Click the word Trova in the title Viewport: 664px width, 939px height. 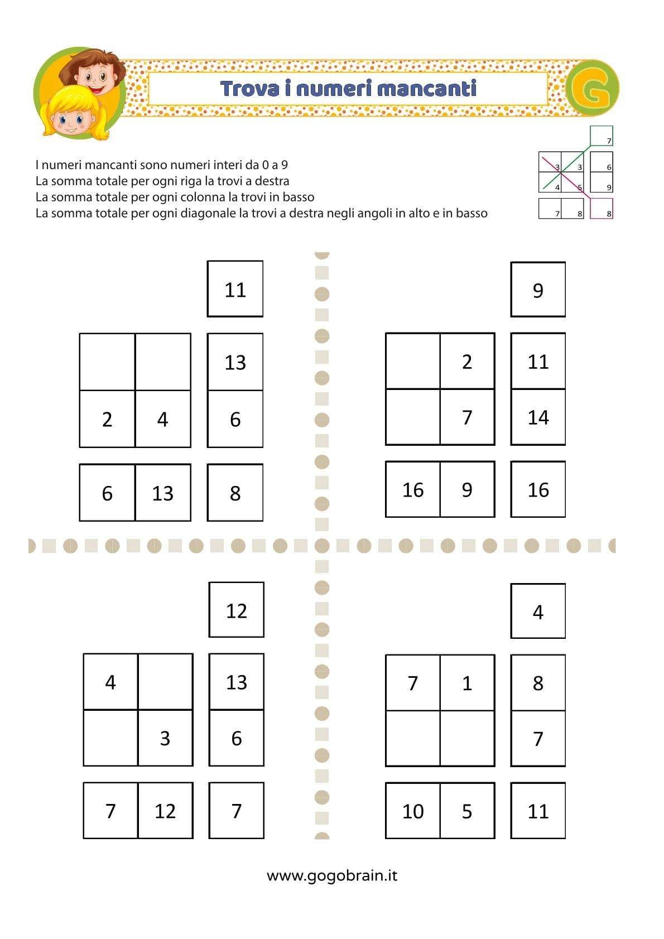(249, 88)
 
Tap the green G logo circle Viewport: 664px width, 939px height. (592, 88)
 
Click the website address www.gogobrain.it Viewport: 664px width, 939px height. (332, 875)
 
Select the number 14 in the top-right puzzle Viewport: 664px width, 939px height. (538, 417)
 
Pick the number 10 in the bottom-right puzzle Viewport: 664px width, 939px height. (413, 811)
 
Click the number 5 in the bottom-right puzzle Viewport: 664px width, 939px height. (467, 811)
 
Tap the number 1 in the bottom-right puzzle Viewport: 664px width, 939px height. (467, 683)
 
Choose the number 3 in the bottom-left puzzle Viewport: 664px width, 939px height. (165, 738)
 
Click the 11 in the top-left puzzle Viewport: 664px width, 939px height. (235, 290)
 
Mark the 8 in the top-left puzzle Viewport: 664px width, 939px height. (235, 493)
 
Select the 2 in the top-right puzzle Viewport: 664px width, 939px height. (467, 362)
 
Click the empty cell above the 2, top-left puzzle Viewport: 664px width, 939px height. (107, 362)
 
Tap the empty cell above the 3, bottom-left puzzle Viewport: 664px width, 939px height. (165, 682)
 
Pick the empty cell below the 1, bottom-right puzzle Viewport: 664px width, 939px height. (467, 738)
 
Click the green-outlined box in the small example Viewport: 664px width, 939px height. (602, 136)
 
